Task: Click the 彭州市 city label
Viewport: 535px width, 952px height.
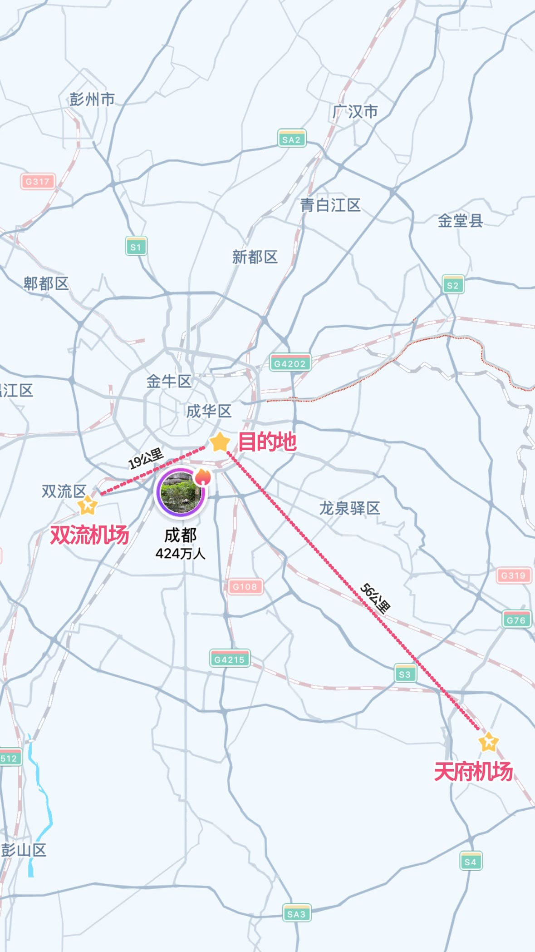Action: pyautogui.click(x=92, y=99)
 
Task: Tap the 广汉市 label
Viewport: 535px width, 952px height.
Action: pyautogui.click(x=355, y=111)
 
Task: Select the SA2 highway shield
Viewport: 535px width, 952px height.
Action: pyautogui.click(x=291, y=139)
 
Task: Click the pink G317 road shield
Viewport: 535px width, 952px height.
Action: pyautogui.click(x=37, y=182)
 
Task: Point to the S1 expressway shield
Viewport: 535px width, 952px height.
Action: pyautogui.click(x=136, y=247)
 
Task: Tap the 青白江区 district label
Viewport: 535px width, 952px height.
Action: pyautogui.click(x=330, y=205)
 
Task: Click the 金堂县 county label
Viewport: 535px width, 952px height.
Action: pyautogui.click(x=460, y=221)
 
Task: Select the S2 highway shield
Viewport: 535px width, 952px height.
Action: pyautogui.click(x=452, y=285)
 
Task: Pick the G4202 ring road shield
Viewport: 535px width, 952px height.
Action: pyautogui.click(x=290, y=363)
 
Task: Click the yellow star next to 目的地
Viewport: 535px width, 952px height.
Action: pyautogui.click(x=220, y=442)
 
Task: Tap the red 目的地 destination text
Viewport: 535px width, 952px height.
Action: pyautogui.click(x=267, y=441)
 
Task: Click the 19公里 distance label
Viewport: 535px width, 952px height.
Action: pyautogui.click(x=146, y=459)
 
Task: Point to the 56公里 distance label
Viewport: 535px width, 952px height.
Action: pyautogui.click(x=375, y=598)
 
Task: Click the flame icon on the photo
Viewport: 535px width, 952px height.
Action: pyautogui.click(x=203, y=477)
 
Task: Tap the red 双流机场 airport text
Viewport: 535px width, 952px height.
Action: pyautogui.click(x=89, y=535)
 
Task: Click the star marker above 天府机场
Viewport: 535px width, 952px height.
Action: pyautogui.click(x=488, y=742)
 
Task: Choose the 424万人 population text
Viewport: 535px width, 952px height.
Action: pyautogui.click(x=181, y=554)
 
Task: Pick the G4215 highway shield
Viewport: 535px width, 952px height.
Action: pyautogui.click(x=230, y=659)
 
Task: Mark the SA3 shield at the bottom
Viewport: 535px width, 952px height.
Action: pyautogui.click(x=296, y=913)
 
